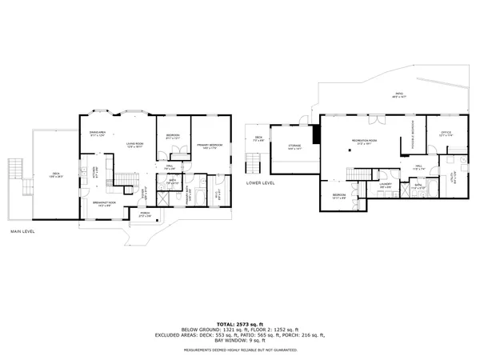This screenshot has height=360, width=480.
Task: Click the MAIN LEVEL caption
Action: click(23, 232)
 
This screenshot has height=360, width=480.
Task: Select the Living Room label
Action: click(133, 145)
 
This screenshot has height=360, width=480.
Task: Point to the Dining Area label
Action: click(98, 134)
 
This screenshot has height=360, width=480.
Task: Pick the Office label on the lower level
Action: click(446, 134)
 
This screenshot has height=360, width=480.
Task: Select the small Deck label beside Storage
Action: click(258, 138)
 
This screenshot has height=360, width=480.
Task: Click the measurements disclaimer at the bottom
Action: click(239, 349)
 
